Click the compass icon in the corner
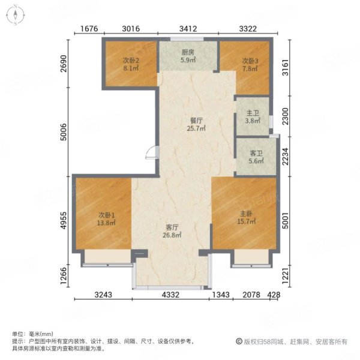(16, 15)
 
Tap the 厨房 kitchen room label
(188, 52)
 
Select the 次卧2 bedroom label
(131, 61)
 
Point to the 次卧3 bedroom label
(250, 61)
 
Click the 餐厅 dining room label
(196, 121)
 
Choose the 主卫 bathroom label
(253, 113)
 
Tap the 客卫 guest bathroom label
(256, 153)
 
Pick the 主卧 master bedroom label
(247, 214)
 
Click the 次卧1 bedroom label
(106, 215)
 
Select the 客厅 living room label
(172, 227)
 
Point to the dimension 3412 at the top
(188, 29)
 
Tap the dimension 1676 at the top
(89, 29)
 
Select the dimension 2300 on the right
(285, 116)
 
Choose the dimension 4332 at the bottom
(170, 295)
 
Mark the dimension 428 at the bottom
(274, 295)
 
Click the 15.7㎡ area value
(247, 221)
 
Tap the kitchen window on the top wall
(187, 39)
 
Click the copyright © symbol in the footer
(239, 341)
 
